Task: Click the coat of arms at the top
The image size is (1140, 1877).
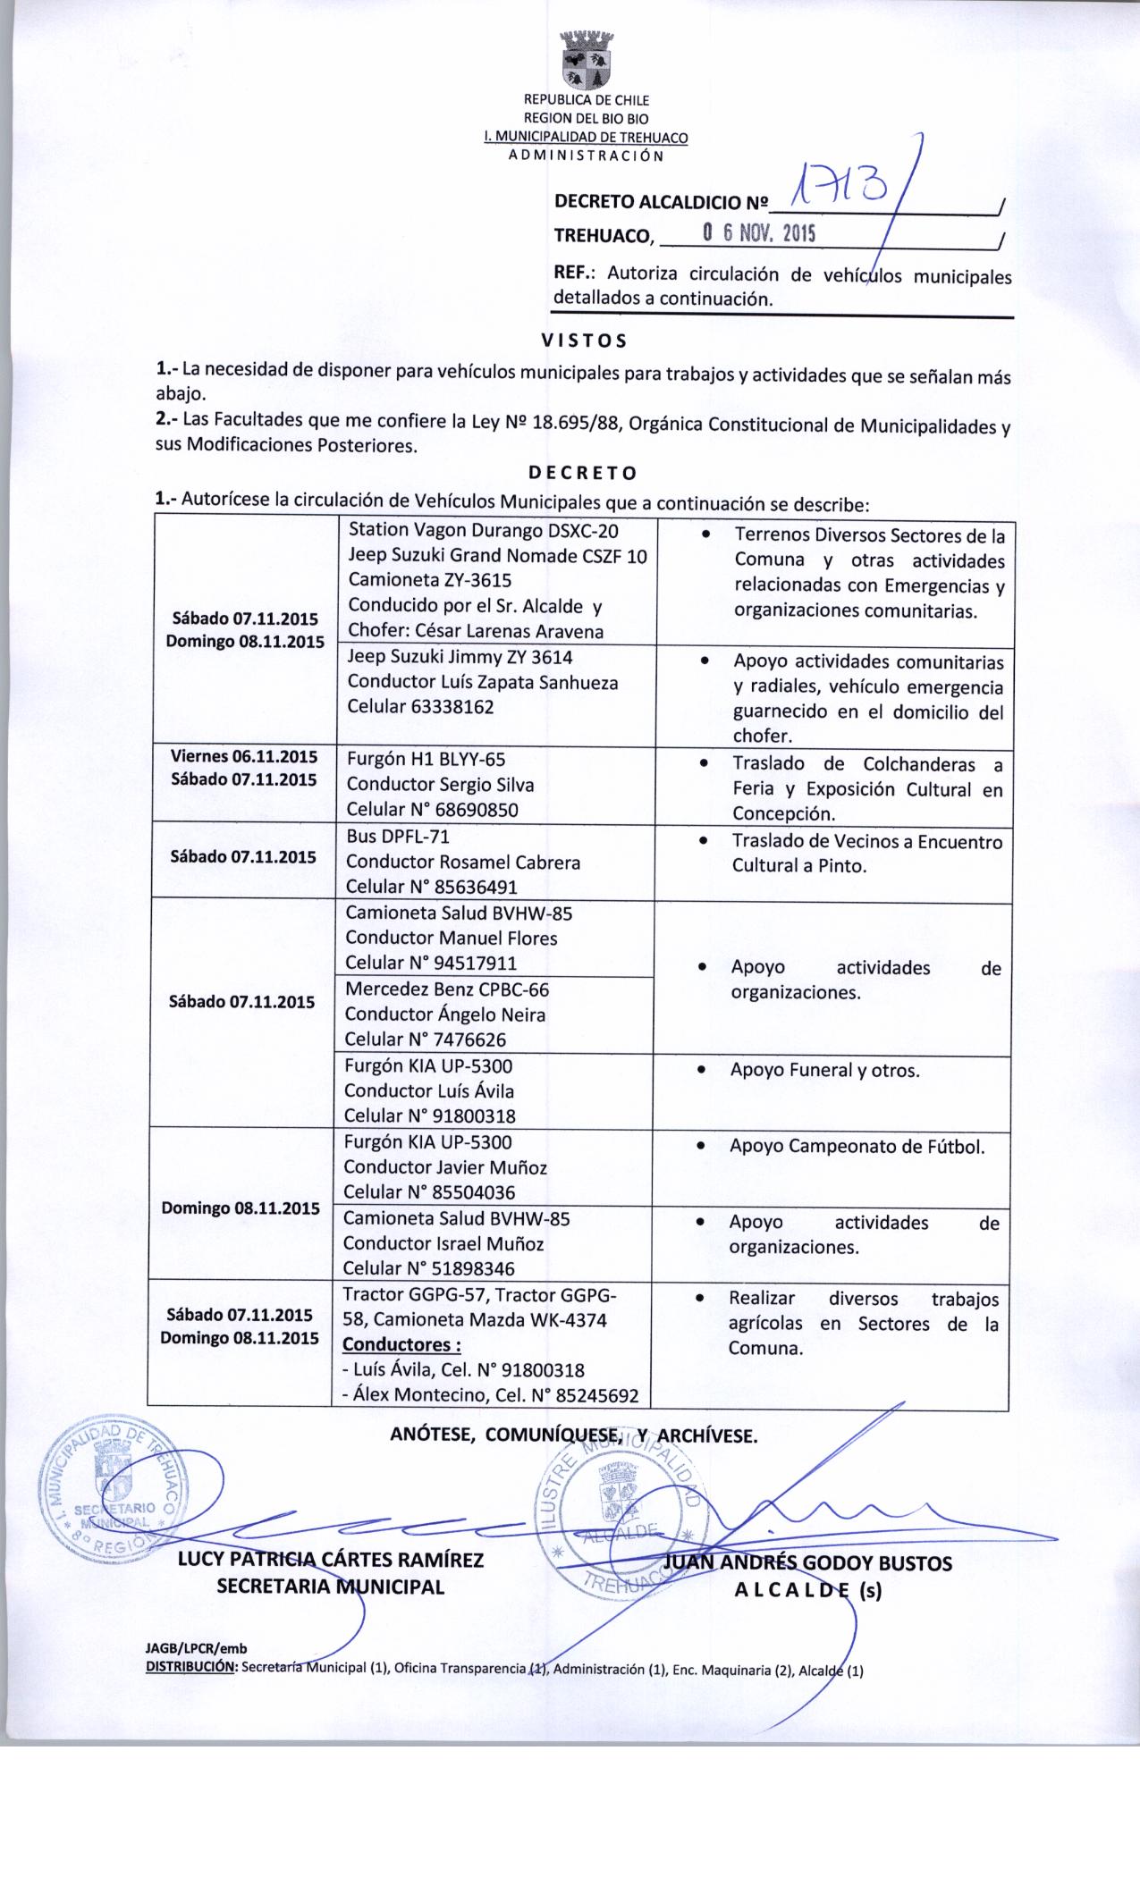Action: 586,59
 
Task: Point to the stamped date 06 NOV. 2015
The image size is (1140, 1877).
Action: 759,234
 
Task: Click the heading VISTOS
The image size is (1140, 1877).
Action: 585,341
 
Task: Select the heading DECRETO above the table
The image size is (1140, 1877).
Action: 582,471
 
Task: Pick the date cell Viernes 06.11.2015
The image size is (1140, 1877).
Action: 243,755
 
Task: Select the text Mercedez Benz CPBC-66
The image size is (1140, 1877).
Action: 447,989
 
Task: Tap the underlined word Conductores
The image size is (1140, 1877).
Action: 401,1345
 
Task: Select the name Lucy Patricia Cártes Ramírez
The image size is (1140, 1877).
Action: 331,1561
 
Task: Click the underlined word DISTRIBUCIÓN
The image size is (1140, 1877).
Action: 190,1668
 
